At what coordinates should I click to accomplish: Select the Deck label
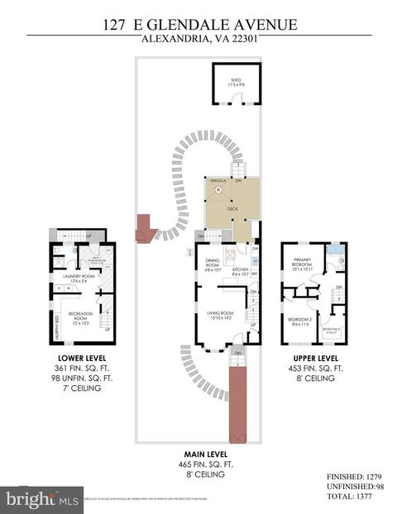click(232, 210)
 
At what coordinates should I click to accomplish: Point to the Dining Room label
click(214, 265)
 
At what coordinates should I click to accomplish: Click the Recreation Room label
click(79, 316)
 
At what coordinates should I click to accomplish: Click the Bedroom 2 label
click(299, 321)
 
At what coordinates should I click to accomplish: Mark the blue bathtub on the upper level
click(335, 249)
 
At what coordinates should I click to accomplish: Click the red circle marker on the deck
click(219, 189)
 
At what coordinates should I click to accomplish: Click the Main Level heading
click(206, 455)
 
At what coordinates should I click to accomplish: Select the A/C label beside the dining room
click(190, 250)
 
